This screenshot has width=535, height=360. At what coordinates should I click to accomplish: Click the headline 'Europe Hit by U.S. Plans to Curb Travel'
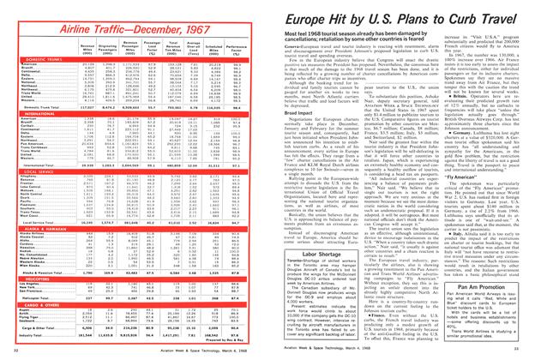[x=395, y=20]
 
